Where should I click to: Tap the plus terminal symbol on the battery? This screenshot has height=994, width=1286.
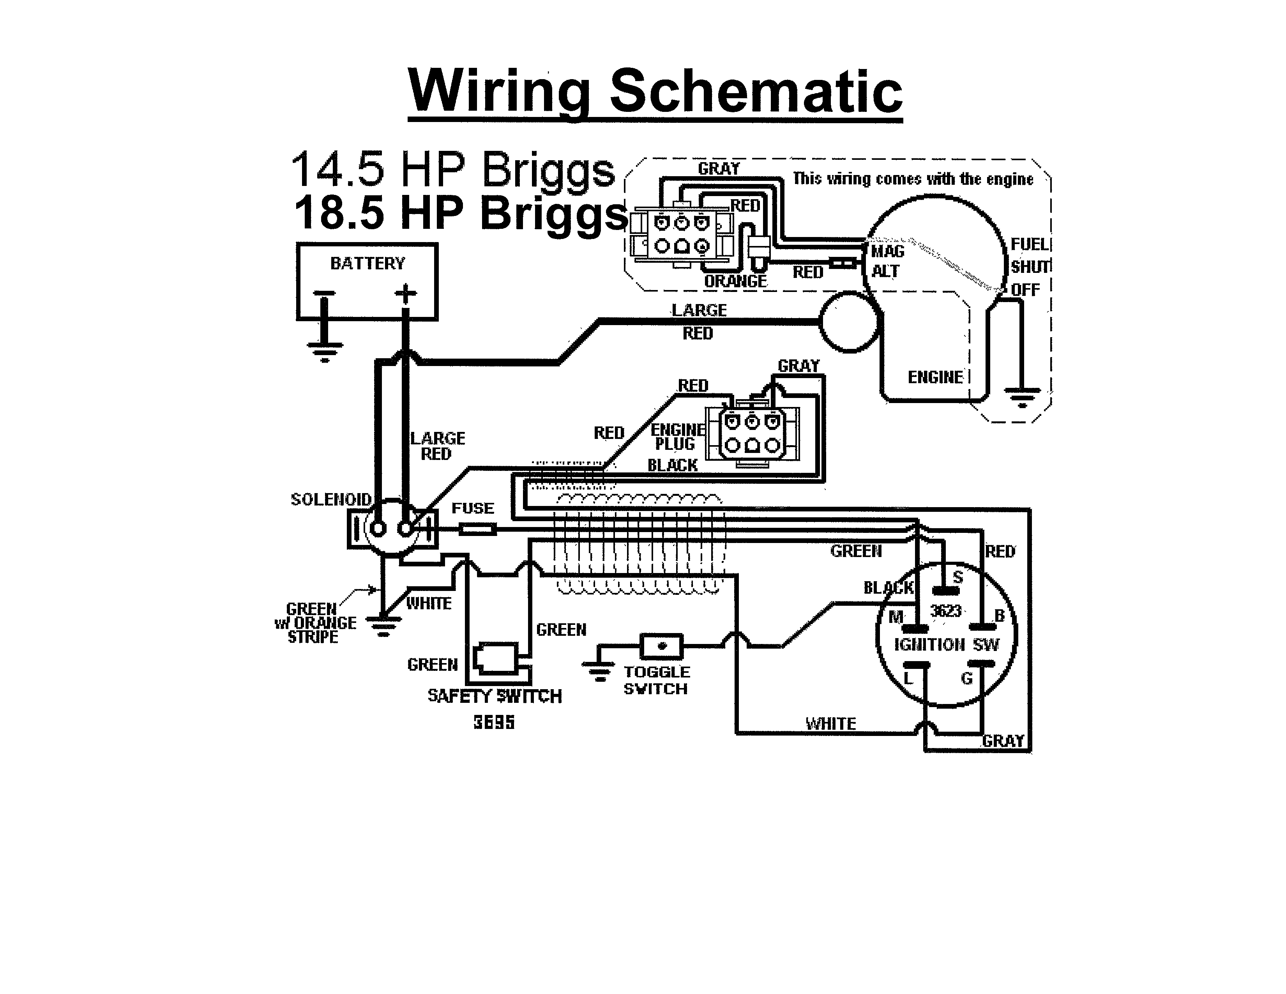click(x=405, y=293)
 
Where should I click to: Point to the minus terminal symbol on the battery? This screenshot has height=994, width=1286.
click(x=324, y=293)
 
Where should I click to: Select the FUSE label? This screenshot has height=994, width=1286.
click(x=472, y=508)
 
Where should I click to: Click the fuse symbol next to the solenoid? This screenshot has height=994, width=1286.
click(x=477, y=530)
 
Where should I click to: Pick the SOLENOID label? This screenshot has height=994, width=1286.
click(x=331, y=499)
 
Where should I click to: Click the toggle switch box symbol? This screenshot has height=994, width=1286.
click(x=661, y=646)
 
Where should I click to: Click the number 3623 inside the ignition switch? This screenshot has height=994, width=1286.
click(x=946, y=611)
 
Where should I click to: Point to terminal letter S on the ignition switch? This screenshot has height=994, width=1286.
click(x=957, y=577)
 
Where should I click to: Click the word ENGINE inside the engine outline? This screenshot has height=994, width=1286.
click(x=935, y=377)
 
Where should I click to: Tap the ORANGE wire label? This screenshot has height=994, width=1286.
click(x=735, y=281)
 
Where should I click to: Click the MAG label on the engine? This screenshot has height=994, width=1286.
click(x=887, y=251)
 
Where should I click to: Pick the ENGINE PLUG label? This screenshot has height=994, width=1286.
click(x=677, y=437)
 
